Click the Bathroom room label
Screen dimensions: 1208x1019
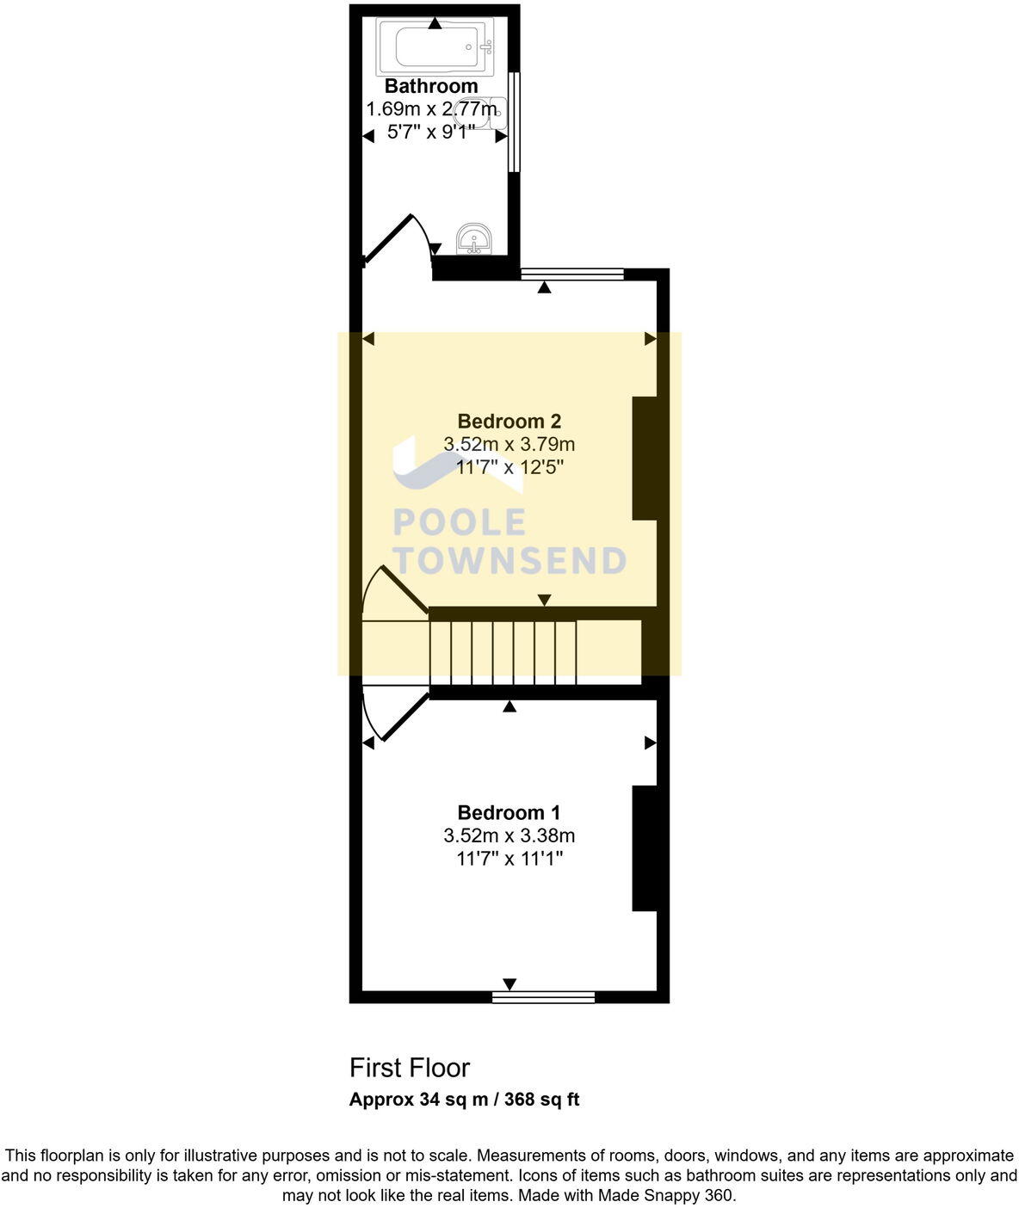pyautogui.click(x=431, y=86)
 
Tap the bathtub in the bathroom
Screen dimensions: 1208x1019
pyautogui.click(x=435, y=46)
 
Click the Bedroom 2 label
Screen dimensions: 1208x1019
pyautogui.click(x=509, y=422)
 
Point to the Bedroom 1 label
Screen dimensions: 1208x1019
pyautogui.click(x=509, y=813)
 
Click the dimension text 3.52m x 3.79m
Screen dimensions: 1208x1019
pyautogui.click(x=509, y=445)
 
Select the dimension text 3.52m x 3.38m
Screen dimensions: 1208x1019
pyautogui.click(x=509, y=835)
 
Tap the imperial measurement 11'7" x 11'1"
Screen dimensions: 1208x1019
pyautogui.click(x=509, y=858)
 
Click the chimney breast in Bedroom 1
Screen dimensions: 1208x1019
pyautogui.click(x=645, y=847)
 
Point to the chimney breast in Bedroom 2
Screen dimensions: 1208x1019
pyautogui.click(x=645, y=458)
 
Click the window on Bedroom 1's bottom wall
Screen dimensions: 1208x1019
pyautogui.click(x=543, y=997)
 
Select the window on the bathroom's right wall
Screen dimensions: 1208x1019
pyautogui.click(x=514, y=121)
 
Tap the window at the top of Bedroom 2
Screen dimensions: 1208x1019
pyautogui.click(x=572, y=274)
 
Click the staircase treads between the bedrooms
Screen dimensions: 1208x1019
pyautogui.click(x=503, y=651)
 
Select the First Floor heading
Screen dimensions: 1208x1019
pyautogui.click(x=410, y=1068)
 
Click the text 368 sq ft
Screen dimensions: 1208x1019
pyautogui.click(x=541, y=1100)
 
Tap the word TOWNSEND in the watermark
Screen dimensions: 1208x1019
pyautogui.click(x=509, y=560)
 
